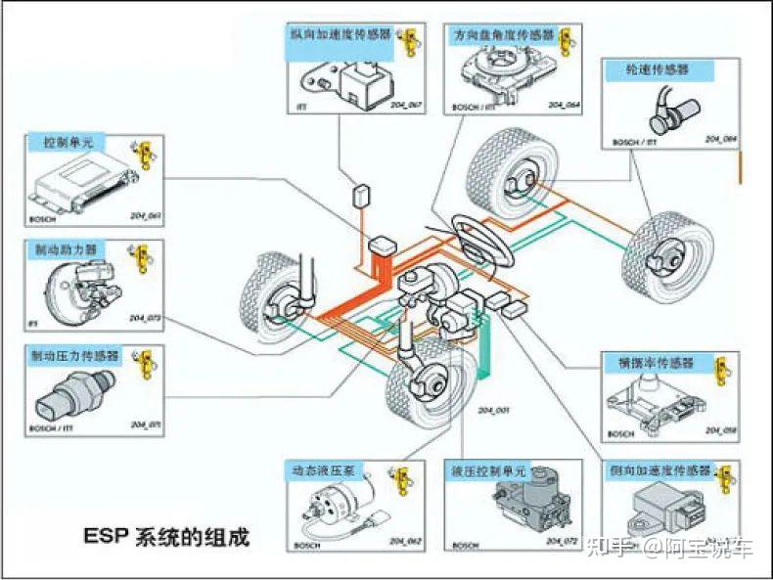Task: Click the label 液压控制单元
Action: click(488, 470)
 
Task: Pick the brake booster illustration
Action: click(74, 290)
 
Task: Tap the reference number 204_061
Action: click(144, 214)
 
